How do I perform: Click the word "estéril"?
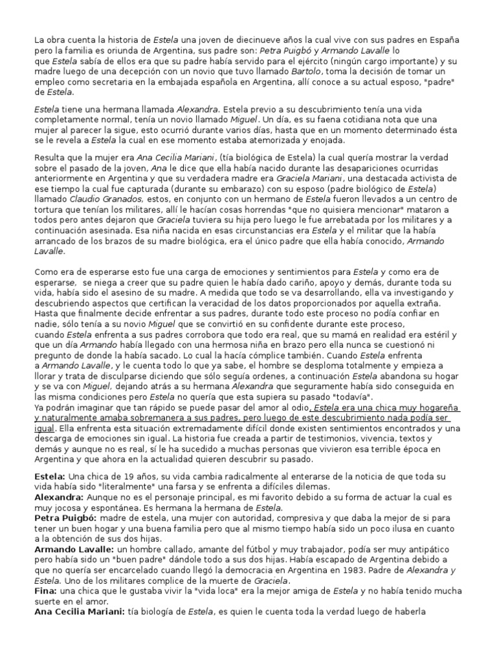tap(437, 334)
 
